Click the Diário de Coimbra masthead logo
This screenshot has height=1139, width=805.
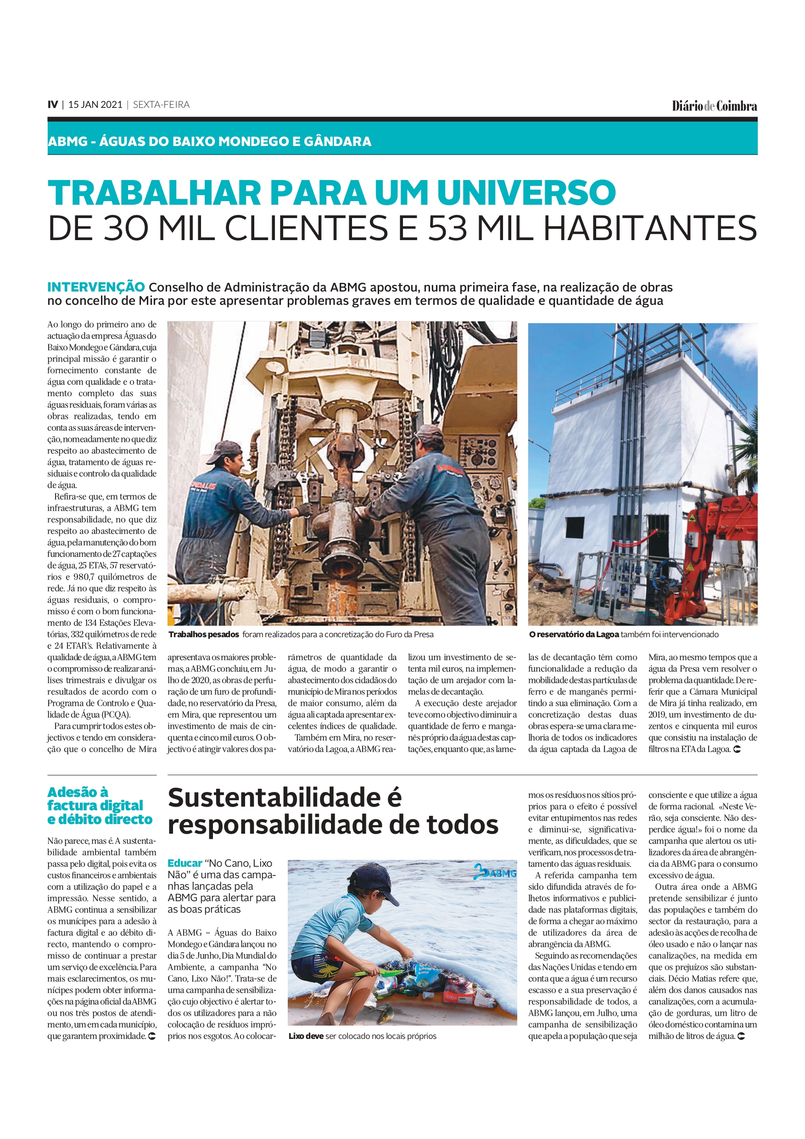point(714,106)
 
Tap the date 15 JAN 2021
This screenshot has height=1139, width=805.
point(95,105)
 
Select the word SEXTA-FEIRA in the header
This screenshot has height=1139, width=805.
point(161,105)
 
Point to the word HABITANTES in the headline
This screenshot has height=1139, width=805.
point(650,228)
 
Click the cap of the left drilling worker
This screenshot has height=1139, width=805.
point(224,451)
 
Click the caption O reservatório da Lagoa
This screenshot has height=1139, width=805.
point(573,634)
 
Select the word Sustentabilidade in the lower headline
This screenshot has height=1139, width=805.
point(274,798)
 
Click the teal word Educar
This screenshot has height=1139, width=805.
point(184,863)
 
